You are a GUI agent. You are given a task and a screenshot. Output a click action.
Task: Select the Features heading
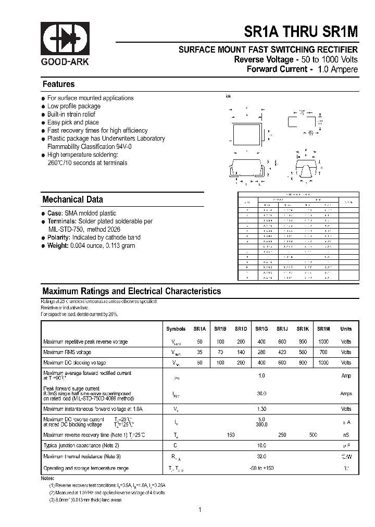point(58,84)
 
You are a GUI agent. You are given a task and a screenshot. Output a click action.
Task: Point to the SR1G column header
point(261,329)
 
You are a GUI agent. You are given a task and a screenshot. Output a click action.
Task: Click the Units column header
point(346,329)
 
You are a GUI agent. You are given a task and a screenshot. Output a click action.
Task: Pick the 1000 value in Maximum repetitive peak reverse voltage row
point(323,342)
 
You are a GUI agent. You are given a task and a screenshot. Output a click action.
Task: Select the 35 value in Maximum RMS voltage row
point(199,352)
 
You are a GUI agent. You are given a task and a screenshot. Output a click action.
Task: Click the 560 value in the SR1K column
point(303,352)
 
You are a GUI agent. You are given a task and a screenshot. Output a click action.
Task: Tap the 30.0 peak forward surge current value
point(261,394)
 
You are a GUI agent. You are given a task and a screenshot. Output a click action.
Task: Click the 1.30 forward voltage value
point(261,409)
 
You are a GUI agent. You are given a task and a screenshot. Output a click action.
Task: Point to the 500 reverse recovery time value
point(313,434)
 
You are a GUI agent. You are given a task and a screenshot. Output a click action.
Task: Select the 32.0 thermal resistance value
point(261,457)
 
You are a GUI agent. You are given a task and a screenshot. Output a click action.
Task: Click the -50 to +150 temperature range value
point(261,469)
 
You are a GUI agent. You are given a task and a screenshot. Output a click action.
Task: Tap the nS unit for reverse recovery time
point(346,434)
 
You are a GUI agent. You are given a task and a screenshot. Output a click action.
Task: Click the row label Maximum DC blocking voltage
point(74,362)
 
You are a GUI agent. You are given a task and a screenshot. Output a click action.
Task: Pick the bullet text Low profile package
point(73,106)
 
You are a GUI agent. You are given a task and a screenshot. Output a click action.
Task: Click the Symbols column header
point(176,329)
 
